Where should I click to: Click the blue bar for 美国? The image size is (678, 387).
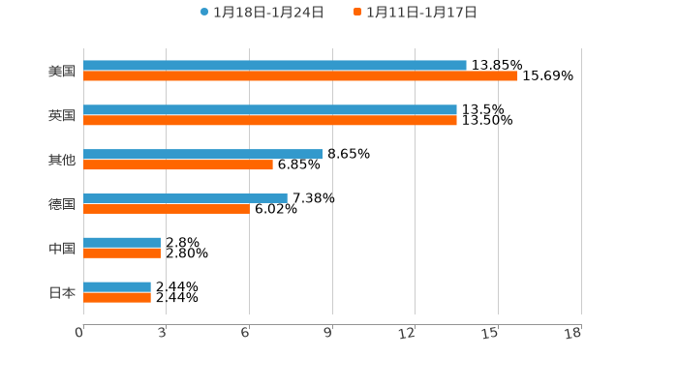point(275,66)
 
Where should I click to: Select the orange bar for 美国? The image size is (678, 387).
point(300,76)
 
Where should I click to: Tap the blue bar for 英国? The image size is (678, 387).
point(270,110)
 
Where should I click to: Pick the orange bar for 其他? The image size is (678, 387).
point(178,165)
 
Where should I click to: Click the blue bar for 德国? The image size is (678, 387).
point(185,197)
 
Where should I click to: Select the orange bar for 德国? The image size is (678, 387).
point(167,209)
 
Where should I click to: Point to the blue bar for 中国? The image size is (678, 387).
point(122,242)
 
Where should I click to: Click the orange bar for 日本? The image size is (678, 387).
point(117,297)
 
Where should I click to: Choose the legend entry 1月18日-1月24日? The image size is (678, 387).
point(268,13)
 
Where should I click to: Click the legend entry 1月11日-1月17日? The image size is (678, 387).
point(421,13)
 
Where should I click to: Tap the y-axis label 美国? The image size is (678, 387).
point(62,72)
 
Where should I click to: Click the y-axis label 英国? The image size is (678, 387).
point(62,116)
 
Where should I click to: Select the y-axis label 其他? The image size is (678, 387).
point(62,161)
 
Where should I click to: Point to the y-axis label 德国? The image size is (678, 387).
point(62,204)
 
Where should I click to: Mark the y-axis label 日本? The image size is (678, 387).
point(62,293)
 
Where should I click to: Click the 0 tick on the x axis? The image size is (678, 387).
point(79,334)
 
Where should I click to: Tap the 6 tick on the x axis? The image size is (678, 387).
point(246,334)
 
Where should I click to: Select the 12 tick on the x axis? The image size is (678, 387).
point(408,334)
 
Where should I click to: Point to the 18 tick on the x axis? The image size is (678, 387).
point(573,334)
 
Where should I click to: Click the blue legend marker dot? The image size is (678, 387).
point(204,13)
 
